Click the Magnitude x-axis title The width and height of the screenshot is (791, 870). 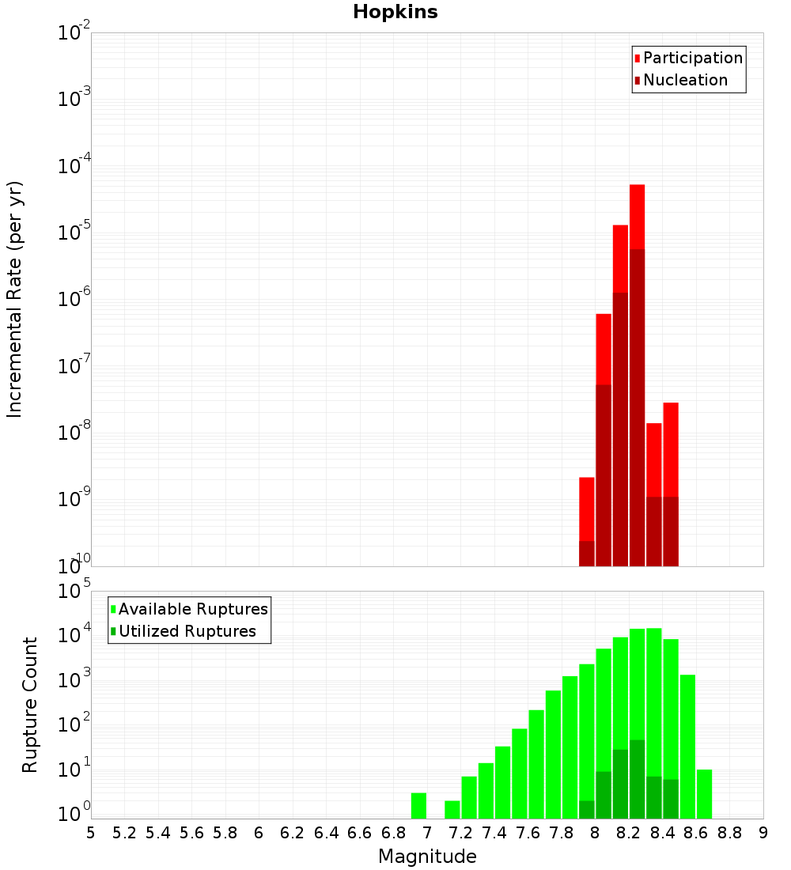(427, 857)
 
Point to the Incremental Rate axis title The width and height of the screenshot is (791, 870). (15, 299)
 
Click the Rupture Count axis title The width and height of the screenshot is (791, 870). (30, 705)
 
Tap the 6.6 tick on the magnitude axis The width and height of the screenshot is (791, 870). (360, 833)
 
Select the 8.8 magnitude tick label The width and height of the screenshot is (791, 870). (730, 833)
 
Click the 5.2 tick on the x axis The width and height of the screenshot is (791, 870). (125, 833)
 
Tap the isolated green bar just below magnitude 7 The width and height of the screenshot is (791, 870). (419, 805)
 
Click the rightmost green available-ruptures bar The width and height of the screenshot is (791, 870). (705, 793)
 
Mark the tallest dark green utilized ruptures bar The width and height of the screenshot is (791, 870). (638, 779)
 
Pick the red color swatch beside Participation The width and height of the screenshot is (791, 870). (637, 58)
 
